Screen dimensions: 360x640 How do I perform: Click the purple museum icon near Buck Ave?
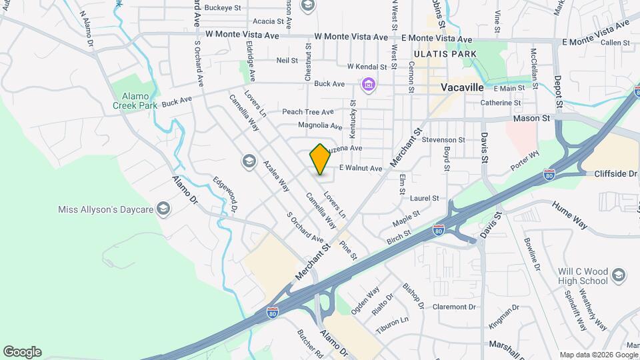367,85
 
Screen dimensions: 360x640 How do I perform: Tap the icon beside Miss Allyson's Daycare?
164,209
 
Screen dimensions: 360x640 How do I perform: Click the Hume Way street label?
570,215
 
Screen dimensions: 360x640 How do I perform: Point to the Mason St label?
531,118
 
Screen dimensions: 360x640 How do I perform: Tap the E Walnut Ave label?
361,169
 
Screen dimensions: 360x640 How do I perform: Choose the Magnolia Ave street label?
320,125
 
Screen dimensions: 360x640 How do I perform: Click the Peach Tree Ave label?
307,112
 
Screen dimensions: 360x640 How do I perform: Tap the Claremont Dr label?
453,307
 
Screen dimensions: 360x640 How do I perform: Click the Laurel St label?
425,198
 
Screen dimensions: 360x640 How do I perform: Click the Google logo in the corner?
22,352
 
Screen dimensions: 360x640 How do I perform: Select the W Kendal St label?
367,67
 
